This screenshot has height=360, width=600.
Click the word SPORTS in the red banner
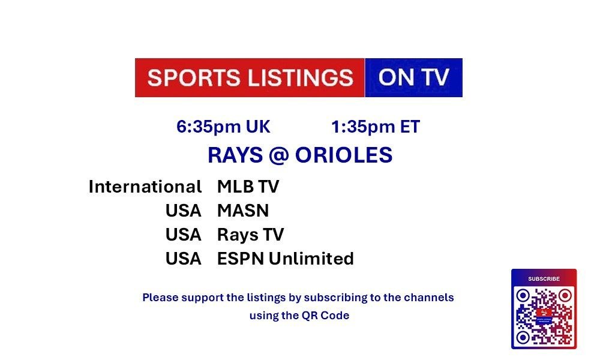194,77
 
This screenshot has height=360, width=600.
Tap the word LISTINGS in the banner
301,77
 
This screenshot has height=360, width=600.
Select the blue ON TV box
413,77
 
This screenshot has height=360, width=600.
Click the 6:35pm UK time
223,127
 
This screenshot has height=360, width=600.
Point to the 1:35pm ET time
376,127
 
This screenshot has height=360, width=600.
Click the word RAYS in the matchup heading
235,155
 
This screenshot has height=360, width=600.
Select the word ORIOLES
344,155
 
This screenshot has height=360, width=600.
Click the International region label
145,187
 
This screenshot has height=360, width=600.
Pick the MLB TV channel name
248,187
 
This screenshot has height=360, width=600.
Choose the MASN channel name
243,211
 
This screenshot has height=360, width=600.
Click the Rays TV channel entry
251,235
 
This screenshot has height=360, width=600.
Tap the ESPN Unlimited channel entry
286,259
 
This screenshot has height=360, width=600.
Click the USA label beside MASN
183,211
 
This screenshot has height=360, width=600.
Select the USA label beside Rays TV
183,235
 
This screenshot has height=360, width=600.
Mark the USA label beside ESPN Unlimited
183,259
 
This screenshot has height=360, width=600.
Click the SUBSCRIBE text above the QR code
544,279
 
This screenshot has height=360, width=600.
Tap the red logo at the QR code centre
544,313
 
